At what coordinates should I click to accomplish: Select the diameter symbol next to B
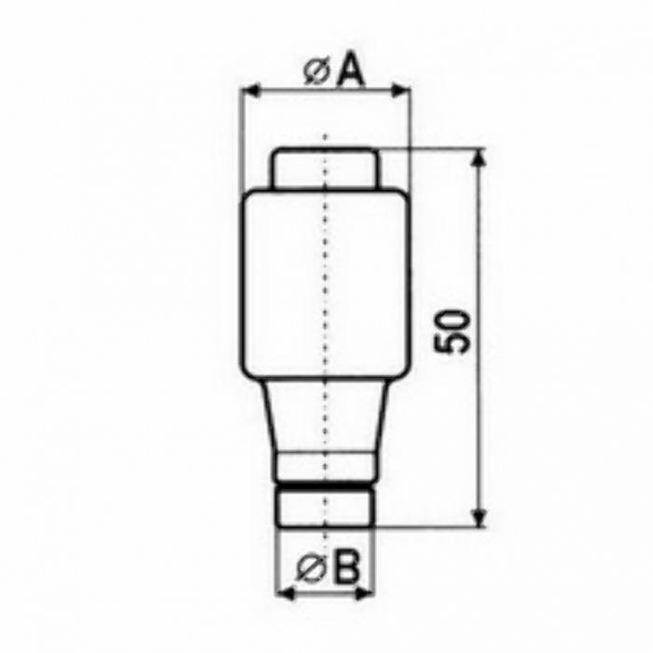point(309,569)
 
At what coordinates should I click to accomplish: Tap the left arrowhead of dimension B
point(286,593)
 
